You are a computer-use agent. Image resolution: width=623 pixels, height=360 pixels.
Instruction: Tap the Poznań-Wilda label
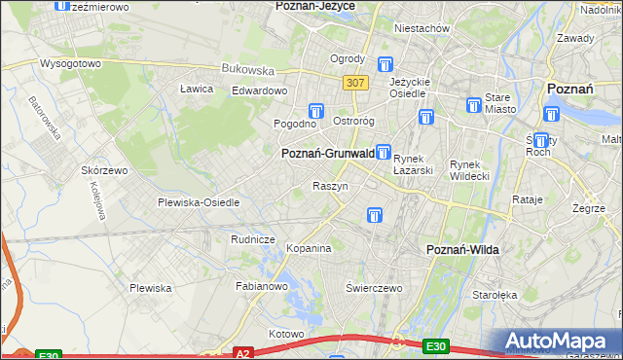tap(463, 250)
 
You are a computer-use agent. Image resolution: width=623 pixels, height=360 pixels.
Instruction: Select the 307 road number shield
tap(355, 84)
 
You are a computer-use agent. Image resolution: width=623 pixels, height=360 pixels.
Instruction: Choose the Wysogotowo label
tap(70, 63)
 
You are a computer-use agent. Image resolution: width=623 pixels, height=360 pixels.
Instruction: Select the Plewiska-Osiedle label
tap(199, 202)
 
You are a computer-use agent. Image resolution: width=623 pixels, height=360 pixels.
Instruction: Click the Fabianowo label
tap(262, 287)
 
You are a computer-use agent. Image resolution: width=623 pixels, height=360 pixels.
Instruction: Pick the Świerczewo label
tap(375, 289)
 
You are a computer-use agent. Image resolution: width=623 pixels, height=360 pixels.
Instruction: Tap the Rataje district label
tap(527, 199)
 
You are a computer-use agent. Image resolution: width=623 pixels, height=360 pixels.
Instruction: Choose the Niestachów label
tap(421, 28)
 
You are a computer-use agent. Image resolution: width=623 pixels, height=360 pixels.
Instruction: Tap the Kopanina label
tap(309, 249)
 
